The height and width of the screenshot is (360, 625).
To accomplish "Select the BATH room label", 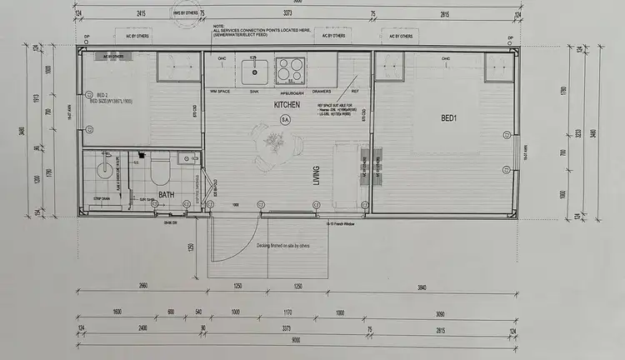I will click(167, 194).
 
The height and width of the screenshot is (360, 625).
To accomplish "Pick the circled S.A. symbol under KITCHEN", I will click(285, 120).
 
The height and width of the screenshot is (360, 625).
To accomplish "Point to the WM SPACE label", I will click(220, 90).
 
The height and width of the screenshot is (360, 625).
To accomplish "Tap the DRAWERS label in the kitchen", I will click(322, 90).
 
